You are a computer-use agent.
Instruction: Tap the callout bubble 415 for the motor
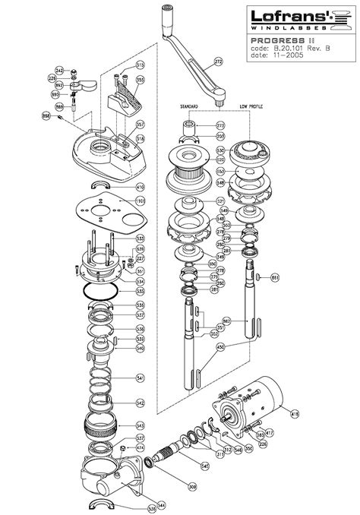click(294, 412)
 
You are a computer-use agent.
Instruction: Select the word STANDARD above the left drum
click(188, 106)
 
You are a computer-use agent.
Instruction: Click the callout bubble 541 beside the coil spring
click(140, 378)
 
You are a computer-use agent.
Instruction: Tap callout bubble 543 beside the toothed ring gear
click(140, 425)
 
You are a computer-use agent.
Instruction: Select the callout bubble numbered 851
click(276, 277)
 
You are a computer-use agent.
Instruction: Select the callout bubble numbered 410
click(140, 186)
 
